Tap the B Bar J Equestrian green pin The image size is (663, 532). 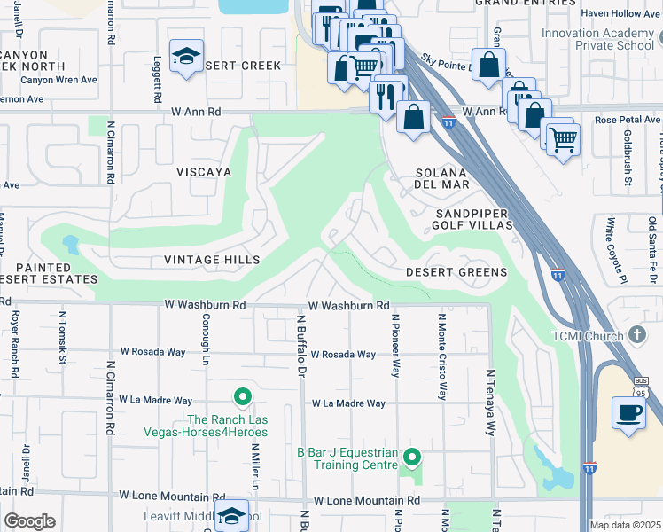coord(411,458)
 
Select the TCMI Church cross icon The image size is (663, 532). coord(636,334)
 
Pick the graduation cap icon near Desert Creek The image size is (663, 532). coord(186,57)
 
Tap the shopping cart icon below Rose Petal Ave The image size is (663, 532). coord(562,137)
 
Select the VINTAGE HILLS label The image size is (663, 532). coord(212,260)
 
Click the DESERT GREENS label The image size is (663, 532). coord(456,272)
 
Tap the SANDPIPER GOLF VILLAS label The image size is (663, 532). coord(473,220)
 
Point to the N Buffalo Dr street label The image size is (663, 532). coord(300,341)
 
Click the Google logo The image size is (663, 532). coord(29,520)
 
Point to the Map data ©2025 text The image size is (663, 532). coord(625,525)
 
